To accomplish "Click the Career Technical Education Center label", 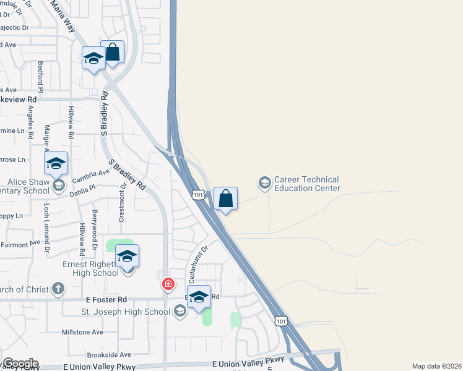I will pyautogui.click(x=307, y=184).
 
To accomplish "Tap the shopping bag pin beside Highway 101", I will pyautogui.click(x=225, y=198).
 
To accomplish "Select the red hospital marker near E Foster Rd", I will pyautogui.click(x=167, y=284).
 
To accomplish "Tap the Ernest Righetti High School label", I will pyautogui.click(x=90, y=268).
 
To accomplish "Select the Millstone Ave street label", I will pyautogui.click(x=82, y=332).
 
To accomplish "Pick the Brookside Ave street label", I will pyautogui.click(x=109, y=355).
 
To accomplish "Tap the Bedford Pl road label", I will pyautogui.click(x=41, y=76).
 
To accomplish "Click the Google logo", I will pyautogui.click(x=20, y=364).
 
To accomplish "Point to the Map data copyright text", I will pyautogui.click(x=436, y=366).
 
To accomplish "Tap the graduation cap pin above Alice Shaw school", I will pyautogui.click(x=56, y=164).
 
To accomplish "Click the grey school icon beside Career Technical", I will pyautogui.click(x=264, y=183).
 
